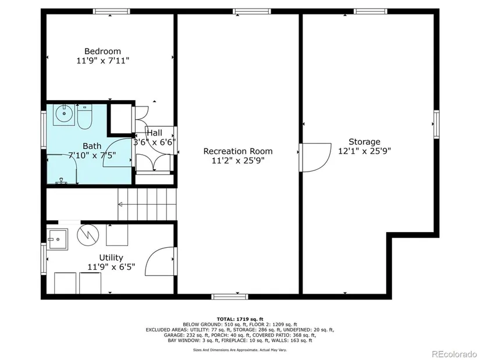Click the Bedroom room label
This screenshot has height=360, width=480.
tap(102, 51)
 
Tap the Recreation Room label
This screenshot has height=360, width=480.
tap(238, 151)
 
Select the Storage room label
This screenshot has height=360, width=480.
tap(364, 142)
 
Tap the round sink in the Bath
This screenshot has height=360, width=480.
tap(64, 113)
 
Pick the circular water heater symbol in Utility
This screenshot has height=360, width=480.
tap(88, 235)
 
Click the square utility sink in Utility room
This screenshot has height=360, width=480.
tap(57, 240)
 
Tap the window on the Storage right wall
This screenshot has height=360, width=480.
tap(436, 124)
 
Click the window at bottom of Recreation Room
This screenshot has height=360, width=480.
tap(230, 297)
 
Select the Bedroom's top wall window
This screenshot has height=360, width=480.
tap(112, 11)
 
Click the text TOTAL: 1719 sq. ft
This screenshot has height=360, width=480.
tap(240, 319)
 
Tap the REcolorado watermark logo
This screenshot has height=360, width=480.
tap(454, 354)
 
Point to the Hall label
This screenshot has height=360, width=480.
tap(155, 133)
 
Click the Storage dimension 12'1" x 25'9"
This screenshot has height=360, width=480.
tap(364, 151)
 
